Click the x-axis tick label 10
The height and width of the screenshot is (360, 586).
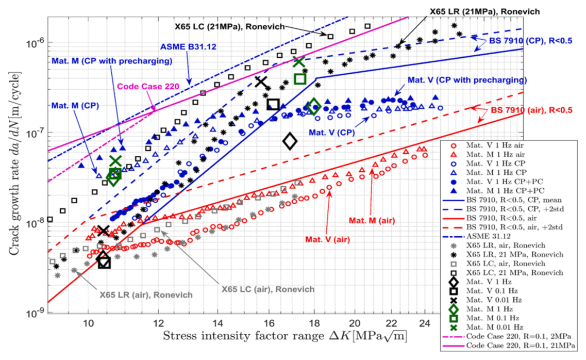pyautogui.click(x=89, y=324)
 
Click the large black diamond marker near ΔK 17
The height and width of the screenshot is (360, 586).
pyautogui.click(x=290, y=140)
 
